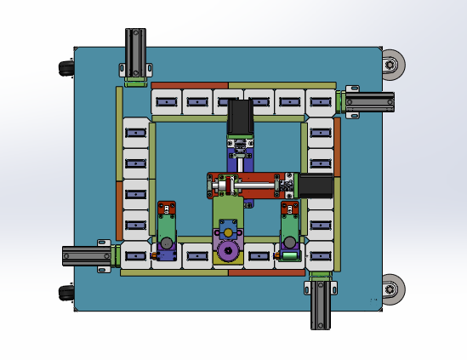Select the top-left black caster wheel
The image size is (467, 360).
65,68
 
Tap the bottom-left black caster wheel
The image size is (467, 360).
65,293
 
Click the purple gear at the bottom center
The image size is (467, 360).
227,251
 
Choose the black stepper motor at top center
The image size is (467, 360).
240,117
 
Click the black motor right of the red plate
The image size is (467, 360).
314,185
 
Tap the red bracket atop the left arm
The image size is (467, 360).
166,208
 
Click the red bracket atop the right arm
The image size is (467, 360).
289,208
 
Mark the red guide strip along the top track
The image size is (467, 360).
189,85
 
